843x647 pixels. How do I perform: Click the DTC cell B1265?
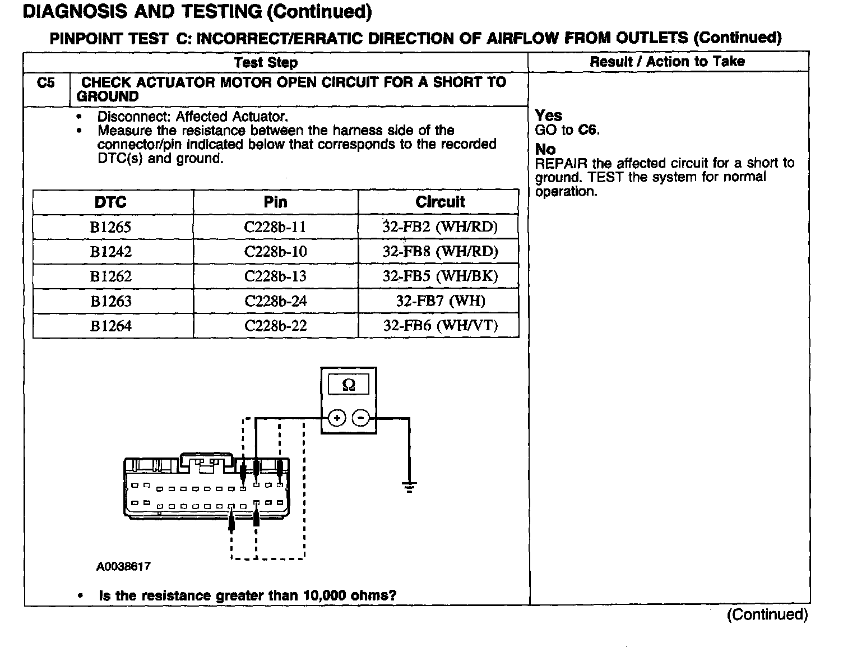(110, 227)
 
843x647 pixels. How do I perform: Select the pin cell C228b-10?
(275, 252)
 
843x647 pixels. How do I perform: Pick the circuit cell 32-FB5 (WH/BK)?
(440, 276)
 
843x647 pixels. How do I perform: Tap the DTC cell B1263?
(110, 301)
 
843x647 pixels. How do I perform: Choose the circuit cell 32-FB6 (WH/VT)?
(440, 326)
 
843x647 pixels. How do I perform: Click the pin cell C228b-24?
(275, 301)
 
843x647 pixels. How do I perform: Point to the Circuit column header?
(440, 202)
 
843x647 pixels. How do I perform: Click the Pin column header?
(275, 202)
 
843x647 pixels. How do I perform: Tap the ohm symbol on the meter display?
(348, 385)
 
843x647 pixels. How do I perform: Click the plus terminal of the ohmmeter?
(336, 418)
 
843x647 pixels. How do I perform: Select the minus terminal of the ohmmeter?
(360, 418)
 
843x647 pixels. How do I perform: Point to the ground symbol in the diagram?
(410, 487)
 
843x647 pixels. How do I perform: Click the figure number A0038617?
(123, 566)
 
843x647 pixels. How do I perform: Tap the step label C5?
(46, 83)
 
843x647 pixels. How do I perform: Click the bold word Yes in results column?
(548, 115)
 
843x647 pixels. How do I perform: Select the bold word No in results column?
(545, 149)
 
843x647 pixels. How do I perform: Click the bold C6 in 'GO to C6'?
(588, 130)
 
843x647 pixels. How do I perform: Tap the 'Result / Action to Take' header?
(667, 62)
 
